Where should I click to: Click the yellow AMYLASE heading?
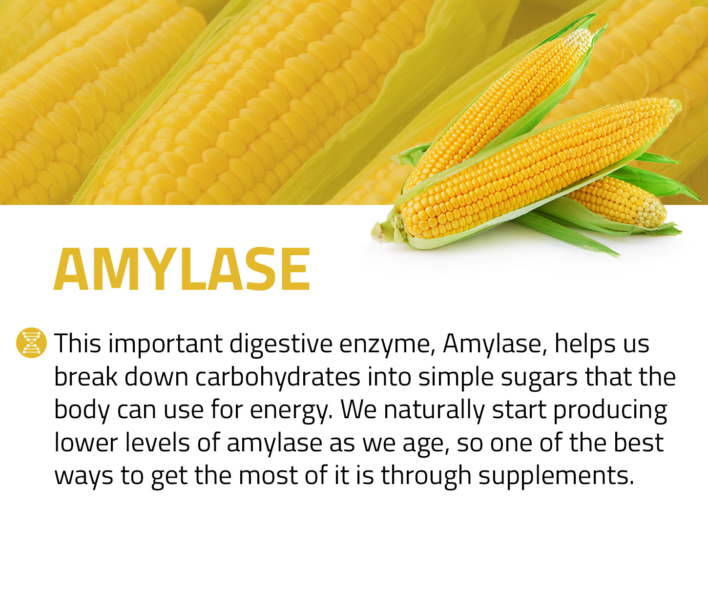pos(182,269)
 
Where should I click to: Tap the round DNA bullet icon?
pos(31,343)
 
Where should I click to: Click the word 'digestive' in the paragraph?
pos(281,344)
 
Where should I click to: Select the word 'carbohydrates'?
pos(278,377)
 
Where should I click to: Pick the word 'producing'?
pos(610,410)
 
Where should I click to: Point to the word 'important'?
pos(165,344)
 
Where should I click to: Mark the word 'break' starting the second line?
pos(85,377)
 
